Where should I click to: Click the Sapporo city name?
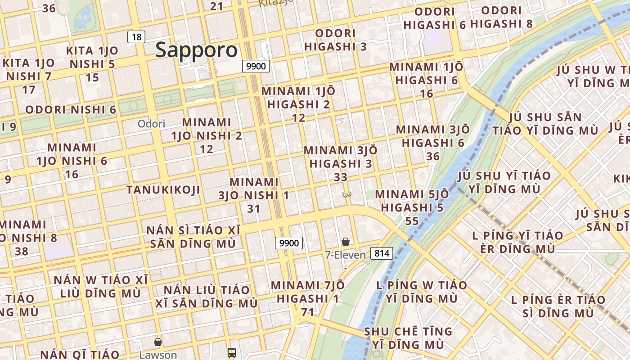click(196, 50)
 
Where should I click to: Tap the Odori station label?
click(151, 124)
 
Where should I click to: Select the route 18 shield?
click(136, 37)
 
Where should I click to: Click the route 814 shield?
click(382, 253)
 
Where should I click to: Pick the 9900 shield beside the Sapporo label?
click(256, 66)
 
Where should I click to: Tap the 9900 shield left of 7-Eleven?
click(289, 243)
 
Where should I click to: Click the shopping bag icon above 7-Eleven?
click(345, 242)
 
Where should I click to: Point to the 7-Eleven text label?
click(345, 255)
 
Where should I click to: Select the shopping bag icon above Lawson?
click(158, 342)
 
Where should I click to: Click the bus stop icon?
click(232, 352)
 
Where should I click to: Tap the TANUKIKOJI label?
click(163, 190)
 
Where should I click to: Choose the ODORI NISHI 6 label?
click(71, 110)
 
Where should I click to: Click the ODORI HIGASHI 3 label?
click(336, 40)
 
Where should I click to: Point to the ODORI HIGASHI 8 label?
click(501, 17)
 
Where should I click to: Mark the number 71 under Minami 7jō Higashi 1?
click(307, 312)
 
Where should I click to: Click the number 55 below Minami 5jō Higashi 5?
click(412, 221)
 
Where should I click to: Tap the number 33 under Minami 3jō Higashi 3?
click(341, 177)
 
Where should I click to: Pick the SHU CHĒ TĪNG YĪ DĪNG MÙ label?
click(408, 338)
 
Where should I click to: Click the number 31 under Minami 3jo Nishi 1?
click(254, 209)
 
